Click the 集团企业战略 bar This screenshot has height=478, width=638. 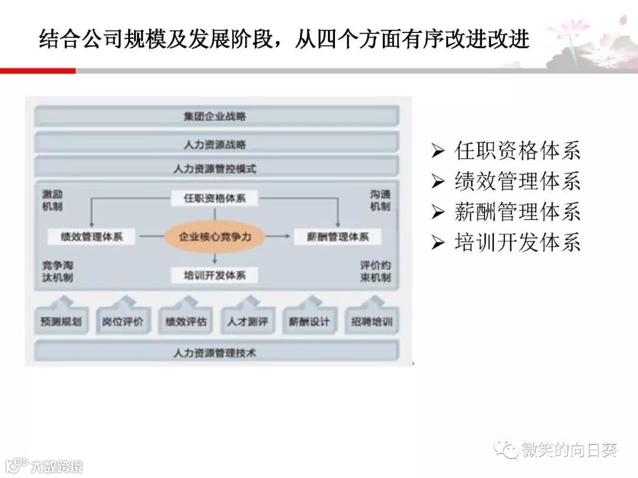tap(216, 116)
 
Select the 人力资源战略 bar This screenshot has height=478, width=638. tap(216, 143)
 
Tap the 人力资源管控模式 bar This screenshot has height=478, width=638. tap(216, 169)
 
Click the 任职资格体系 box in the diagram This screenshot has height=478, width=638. tap(215, 198)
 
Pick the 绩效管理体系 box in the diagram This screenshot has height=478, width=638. tap(92, 237)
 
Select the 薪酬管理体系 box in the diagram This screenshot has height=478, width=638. tap(338, 237)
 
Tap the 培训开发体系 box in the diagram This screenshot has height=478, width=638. tap(215, 275)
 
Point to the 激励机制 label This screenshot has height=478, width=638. tap(53, 200)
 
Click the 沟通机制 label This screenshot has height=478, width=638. tap(380, 200)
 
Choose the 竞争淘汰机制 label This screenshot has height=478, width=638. tap(57, 271)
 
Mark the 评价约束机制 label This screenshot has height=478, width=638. tap(375, 271)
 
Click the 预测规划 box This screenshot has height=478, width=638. tap(61, 323)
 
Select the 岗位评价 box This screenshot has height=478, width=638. tap(123, 323)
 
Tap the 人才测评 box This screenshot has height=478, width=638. tap(247, 323)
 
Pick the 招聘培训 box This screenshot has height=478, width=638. tap(372, 323)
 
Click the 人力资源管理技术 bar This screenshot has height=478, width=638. tap(216, 353)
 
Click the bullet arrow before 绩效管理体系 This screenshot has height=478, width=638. tap(438, 181)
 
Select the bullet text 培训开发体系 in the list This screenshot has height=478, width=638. tap(517, 242)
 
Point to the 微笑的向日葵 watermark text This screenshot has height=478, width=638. tap(569, 451)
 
